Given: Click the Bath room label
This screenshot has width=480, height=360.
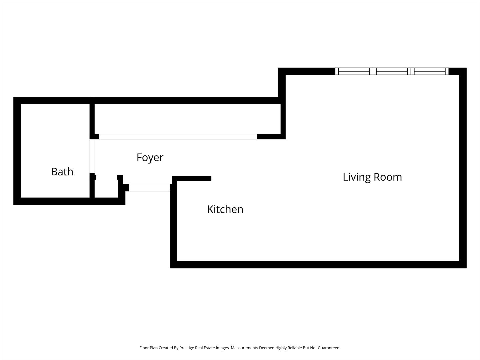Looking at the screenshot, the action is point(62,172).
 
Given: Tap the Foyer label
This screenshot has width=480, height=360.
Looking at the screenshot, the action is point(150,158).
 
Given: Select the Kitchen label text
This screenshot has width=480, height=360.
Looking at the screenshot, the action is point(225,209).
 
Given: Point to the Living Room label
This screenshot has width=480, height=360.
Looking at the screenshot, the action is point(372,177).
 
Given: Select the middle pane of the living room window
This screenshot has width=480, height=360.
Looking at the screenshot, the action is point(392,71).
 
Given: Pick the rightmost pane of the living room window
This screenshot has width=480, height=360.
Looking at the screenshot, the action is point(430,71).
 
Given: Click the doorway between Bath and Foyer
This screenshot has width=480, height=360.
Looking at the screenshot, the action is point(92,156).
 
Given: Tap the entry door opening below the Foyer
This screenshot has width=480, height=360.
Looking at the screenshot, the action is point(150,188).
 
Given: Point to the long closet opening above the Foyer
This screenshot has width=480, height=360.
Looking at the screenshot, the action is point(178,137).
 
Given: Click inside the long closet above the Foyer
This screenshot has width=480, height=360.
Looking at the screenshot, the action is point(187,119).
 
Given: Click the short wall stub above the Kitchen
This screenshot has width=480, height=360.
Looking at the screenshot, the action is point(192,178).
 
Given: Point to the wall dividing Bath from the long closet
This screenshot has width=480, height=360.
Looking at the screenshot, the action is point(92,119).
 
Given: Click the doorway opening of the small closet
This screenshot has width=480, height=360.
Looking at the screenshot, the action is point(107,177).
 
